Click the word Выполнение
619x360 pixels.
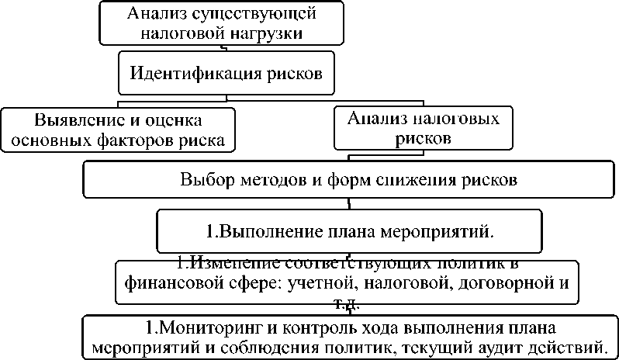point(264,230)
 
